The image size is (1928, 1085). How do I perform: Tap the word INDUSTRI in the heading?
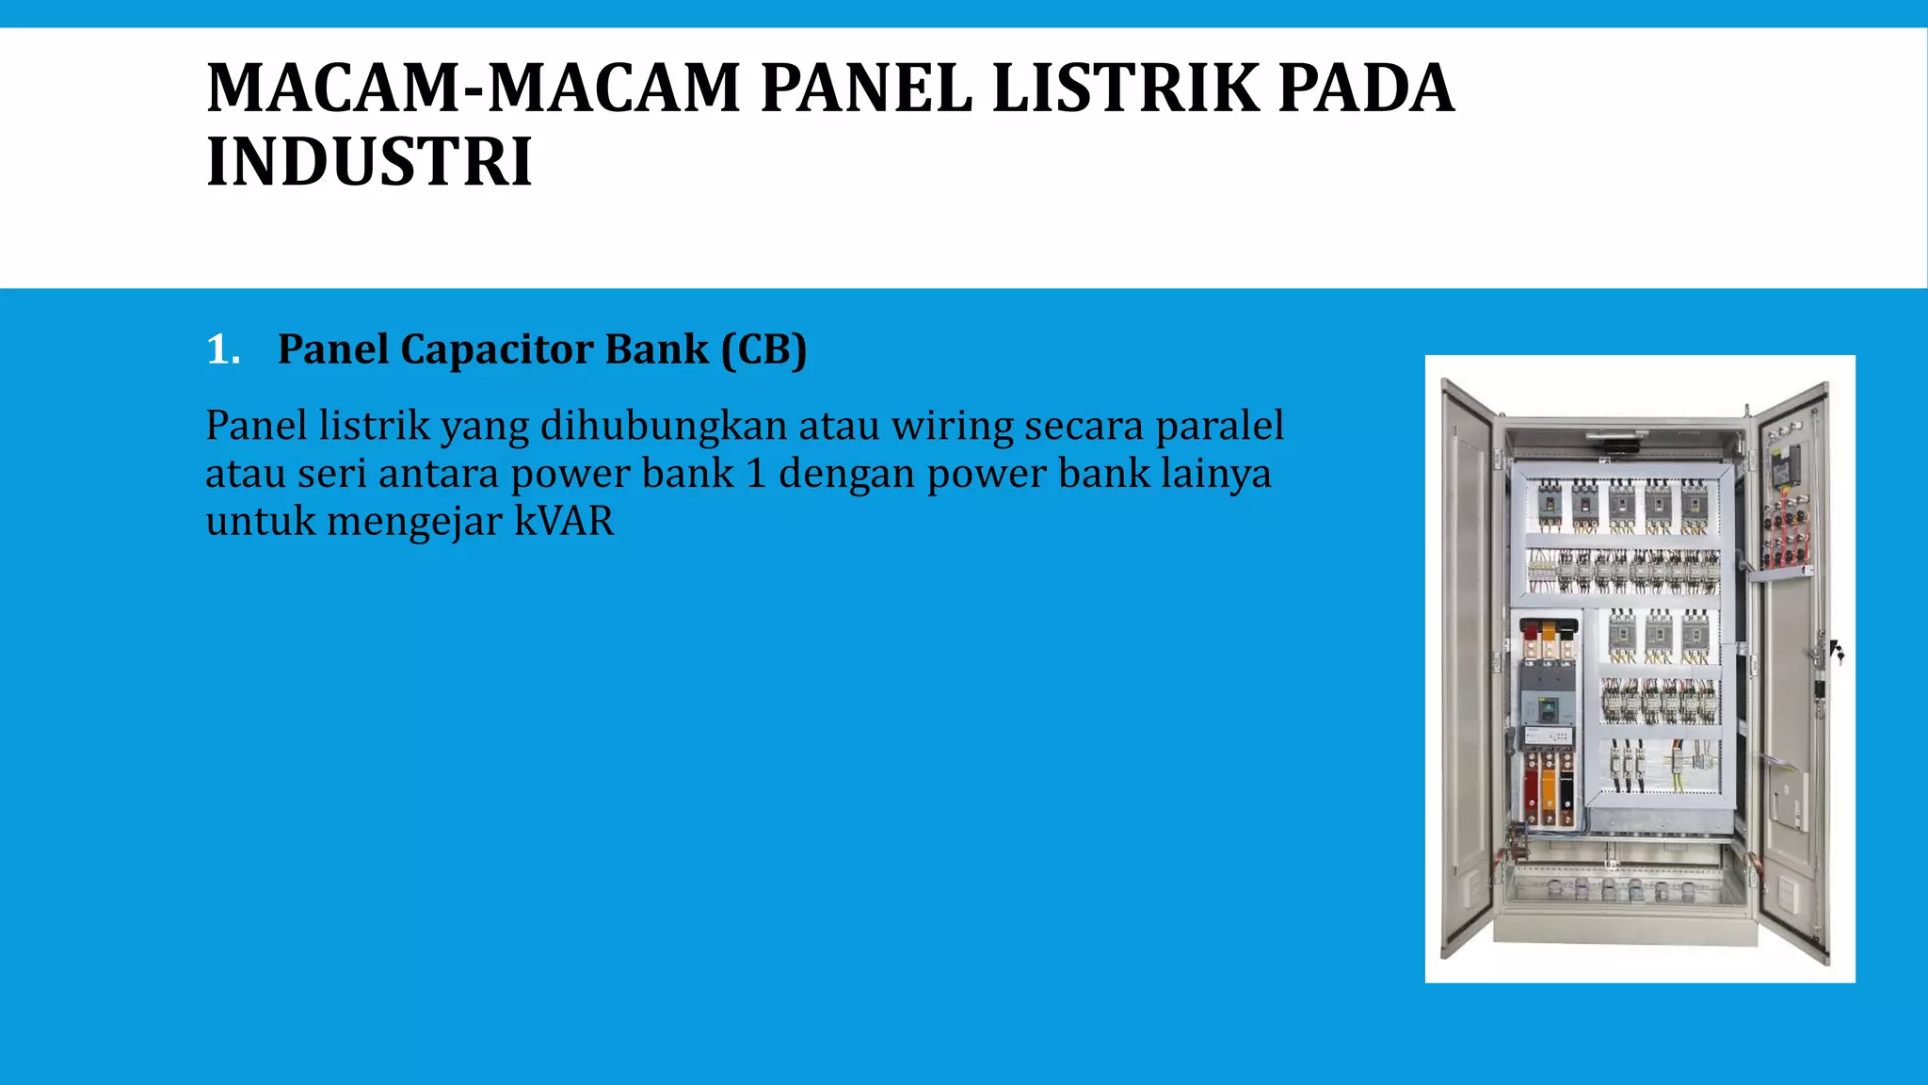(x=369, y=162)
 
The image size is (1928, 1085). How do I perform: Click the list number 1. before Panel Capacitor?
(x=223, y=349)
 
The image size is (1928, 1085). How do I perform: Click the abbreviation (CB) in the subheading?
(x=763, y=349)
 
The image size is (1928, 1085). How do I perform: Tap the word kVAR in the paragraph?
(x=564, y=521)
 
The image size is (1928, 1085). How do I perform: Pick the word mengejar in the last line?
(x=414, y=521)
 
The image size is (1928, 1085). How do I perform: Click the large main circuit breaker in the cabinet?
(x=1548, y=696)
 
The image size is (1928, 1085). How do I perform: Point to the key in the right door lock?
(x=1837, y=651)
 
